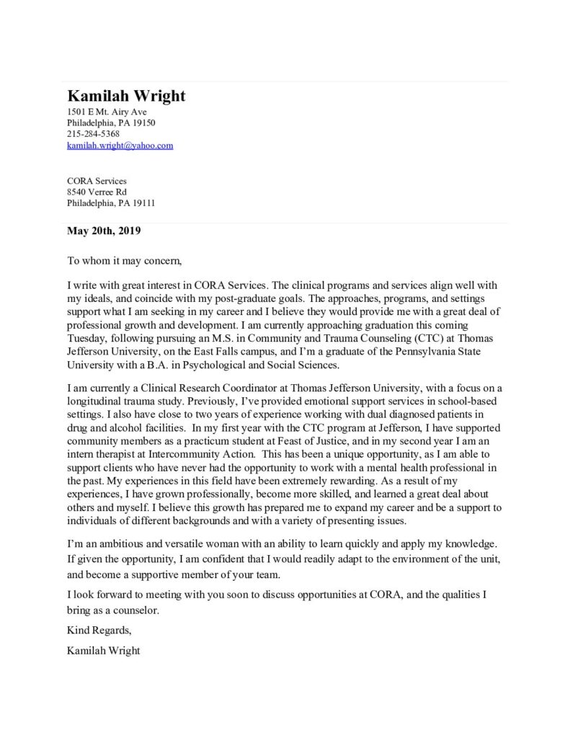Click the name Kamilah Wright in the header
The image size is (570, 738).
coord(126,96)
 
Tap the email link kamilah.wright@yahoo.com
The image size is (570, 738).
coord(120,146)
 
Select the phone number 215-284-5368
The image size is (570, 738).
coord(93,134)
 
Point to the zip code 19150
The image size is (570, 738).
coord(143,123)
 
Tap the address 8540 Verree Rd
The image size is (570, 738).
coord(97,192)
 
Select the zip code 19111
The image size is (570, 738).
coord(143,203)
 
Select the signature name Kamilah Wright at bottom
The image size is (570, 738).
coord(103,651)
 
